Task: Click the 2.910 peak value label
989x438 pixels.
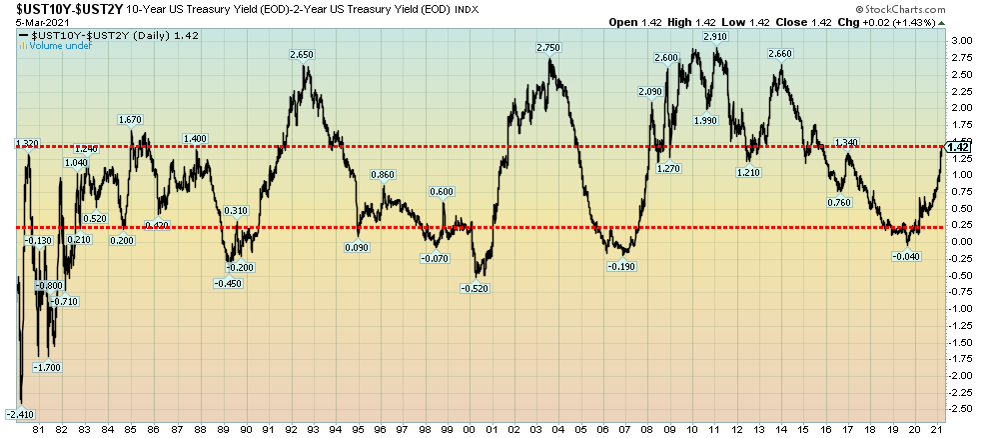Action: pyautogui.click(x=714, y=36)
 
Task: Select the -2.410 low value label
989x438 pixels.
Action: pyautogui.click(x=20, y=413)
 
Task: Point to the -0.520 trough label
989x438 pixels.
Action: pyautogui.click(x=476, y=288)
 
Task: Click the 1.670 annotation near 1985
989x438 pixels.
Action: pyautogui.click(x=130, y=120)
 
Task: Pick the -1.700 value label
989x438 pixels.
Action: pyautogui.click(x=47, y=367)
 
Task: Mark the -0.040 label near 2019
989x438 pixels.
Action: pyautogui.click(x=907, y=257)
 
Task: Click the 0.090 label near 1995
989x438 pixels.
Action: pyautogui.click(x=357, y=247)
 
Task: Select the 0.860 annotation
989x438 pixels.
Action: pyautogui.click(x=383, y=175)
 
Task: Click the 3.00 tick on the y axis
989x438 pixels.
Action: pyautogui.click(x=961, y=40)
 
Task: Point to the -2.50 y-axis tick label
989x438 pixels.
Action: pyautogui.click(x=961, y=408)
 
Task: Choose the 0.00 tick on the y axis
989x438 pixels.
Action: pyautogui.click(x=961, y=241)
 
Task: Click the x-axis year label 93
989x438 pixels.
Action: pyautogui.click(x=314, y=429)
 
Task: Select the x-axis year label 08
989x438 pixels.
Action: pyautogui.click(x=648, y=429)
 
